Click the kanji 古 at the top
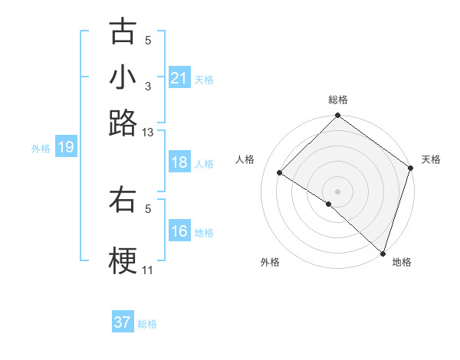coord(123,32)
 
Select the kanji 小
coord(123,78)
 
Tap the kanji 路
coord(123,123)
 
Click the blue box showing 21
coord(179,78)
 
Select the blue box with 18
coord(179,163)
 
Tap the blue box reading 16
coord(179,232)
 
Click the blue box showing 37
coord(123,322)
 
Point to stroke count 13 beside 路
coord(148,133)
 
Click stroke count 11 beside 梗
coord(148,271)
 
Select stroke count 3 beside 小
coord(148,87)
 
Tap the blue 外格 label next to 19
coord(40,149)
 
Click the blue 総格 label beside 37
coord(147,324)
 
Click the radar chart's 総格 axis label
coord(337,100)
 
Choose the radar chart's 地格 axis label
coord(402,262)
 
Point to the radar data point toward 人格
coord(280,173)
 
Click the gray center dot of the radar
coord(337,191)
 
